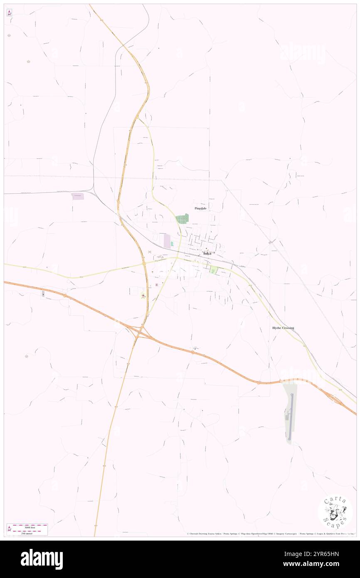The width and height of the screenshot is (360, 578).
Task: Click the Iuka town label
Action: click(207, 253)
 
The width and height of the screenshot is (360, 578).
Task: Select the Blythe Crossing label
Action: click(283, 328)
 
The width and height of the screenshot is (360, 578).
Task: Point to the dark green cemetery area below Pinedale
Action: click(182, 218)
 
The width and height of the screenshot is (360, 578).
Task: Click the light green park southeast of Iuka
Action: click(214, 270)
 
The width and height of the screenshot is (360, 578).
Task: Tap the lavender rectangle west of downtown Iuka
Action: click(167, 241)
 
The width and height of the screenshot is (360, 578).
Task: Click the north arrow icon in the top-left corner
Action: click(9, 13)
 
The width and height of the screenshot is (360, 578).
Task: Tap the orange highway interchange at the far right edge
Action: click(336, 399)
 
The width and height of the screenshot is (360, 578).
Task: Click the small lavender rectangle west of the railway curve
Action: click(78, 196)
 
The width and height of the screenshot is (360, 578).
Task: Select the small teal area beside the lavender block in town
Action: click(172, 244)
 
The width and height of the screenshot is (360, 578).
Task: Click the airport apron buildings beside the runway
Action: click(286, 416)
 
